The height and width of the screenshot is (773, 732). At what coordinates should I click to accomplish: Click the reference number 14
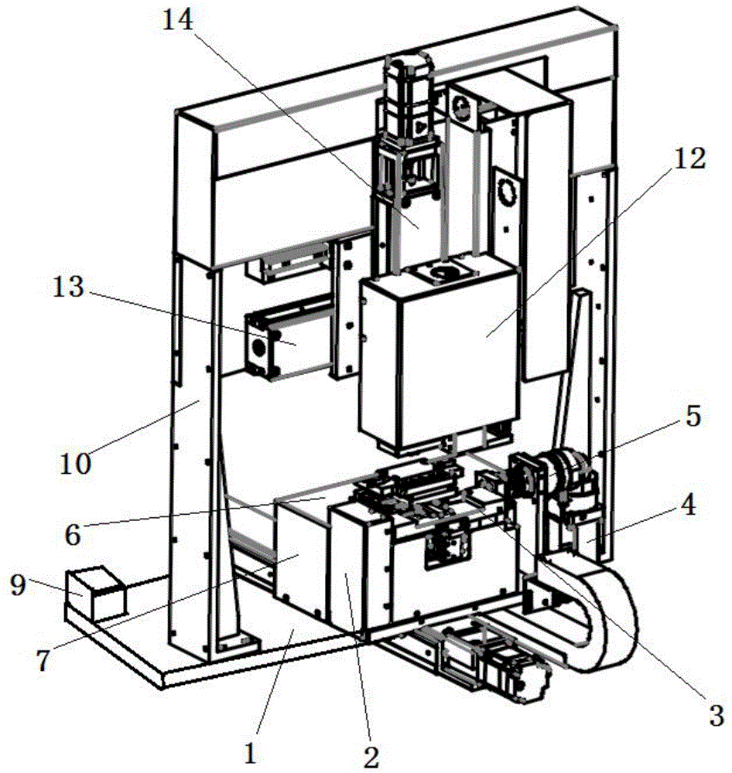point(178,21)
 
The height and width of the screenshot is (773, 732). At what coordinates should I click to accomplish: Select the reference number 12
point(690,158)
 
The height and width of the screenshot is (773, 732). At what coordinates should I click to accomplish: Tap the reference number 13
point(68,287)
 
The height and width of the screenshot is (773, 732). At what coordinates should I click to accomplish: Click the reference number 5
point(693,416)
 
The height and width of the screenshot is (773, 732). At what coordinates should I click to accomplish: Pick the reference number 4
point(73,534)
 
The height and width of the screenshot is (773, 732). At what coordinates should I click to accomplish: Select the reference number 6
point(43,661)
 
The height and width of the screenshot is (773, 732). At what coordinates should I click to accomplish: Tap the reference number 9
point(19,585)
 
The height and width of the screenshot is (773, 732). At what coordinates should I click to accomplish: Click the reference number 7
point(43,661)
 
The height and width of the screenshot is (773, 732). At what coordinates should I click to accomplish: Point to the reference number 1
point(251,753)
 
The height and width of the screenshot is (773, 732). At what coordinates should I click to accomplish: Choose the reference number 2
point(371,757)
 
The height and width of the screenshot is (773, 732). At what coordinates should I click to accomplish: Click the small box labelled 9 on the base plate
point(95,593)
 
